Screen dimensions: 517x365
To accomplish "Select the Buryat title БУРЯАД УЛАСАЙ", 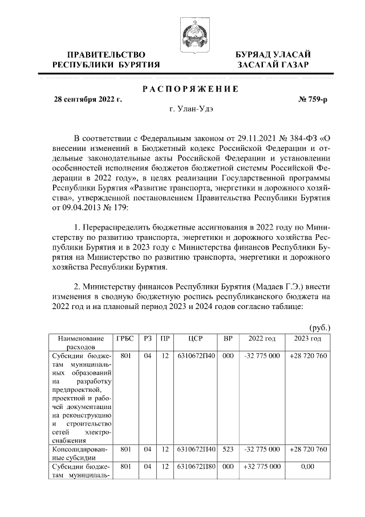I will tap(274, 54).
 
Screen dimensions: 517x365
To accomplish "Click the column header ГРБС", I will tap(124, 339).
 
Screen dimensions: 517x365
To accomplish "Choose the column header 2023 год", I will tap(309, 339).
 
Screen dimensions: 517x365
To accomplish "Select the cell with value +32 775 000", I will tap(262, 467).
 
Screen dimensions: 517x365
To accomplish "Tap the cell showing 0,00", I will tap(309, 467).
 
